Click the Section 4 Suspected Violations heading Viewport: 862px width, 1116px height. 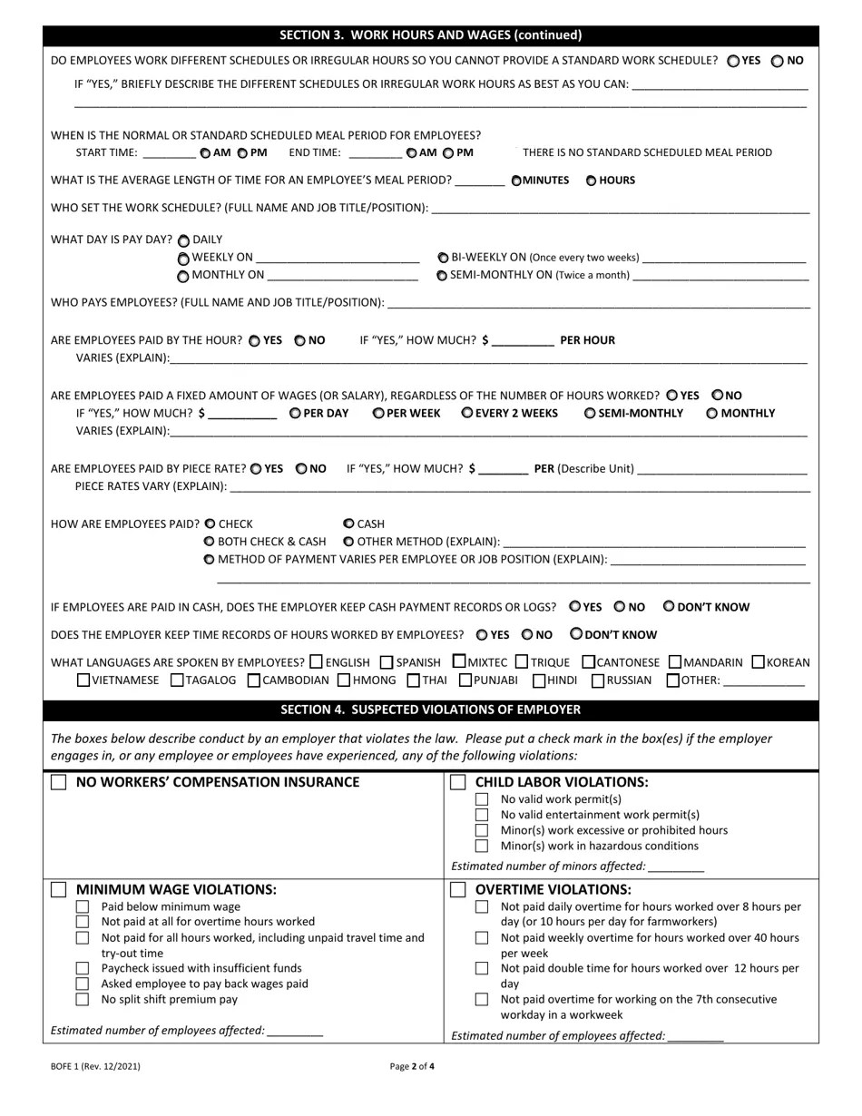coord(430,710)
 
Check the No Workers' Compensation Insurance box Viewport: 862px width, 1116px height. coord(59,783)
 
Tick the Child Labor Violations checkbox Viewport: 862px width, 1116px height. coord(458,782)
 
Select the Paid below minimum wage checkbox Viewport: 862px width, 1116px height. coord(83,906)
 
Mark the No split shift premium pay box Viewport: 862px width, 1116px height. coord(83,999)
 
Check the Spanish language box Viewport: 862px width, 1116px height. coord(387,662)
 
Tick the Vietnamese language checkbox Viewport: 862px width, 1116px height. coord(83,680)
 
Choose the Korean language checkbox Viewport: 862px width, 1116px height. coord(759,662)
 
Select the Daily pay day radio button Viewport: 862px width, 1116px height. coord(184,240)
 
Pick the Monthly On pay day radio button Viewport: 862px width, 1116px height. coord(184,276)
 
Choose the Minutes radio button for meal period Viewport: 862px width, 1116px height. coord(516,181)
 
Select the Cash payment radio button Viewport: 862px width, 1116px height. coord(348,524)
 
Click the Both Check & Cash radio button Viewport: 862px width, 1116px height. coord(210,542)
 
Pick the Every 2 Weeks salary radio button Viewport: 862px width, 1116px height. coord(466,413)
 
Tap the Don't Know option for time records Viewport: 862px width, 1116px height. coord(576,634)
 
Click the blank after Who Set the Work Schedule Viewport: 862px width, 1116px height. coord(621,209)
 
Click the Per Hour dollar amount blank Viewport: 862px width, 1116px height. coord(523,341)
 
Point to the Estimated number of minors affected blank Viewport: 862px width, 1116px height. coord(677,867)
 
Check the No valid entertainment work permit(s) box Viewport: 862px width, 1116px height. coord(482,815)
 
